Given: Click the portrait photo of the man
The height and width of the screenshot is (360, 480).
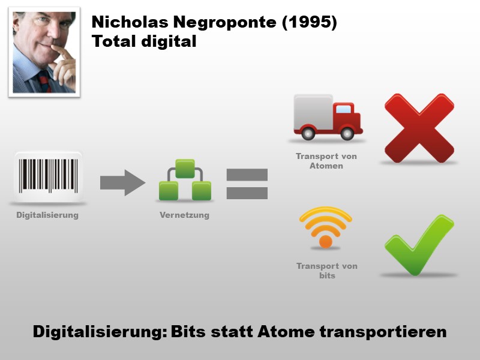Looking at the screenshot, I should click(x=44, y=52).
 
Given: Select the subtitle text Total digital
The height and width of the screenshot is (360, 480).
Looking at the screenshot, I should click(x=144, y=42).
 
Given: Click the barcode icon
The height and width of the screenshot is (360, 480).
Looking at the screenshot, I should click(x=48, y=175).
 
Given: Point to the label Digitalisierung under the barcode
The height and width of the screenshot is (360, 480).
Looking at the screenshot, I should click(x=47, y=215).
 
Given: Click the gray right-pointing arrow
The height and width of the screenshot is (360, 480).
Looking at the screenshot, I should click(x=122, y=182).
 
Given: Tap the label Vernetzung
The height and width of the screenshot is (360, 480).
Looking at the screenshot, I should click(x=184, y=215).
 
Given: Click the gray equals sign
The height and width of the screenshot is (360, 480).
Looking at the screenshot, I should click(x=247, y=184).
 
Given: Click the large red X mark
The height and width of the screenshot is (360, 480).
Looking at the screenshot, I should click(x=419, y=128).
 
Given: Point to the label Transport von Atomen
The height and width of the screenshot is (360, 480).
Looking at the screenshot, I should click(x=326, y=161).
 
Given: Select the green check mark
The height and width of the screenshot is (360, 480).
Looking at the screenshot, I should click(x=418, y=244).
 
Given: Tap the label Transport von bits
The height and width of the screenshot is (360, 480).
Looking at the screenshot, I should click(x=326, y=271).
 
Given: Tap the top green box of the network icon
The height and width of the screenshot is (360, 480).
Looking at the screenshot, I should click(x=185, y=168).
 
